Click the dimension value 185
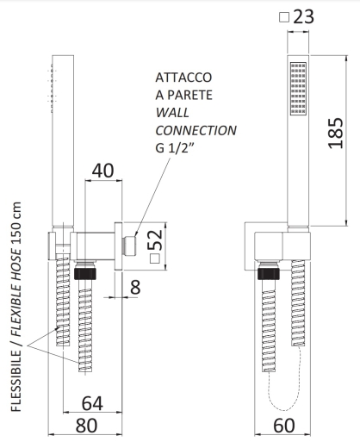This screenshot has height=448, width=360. (x=336, y=133)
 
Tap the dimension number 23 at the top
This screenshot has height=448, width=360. (x=304, y=16)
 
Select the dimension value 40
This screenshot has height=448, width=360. (x=102, y=171)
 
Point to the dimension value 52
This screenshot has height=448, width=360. (x=155, y=240)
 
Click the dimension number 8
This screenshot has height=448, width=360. (x=135, y=287)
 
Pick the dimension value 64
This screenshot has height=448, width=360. (x=92, y=403)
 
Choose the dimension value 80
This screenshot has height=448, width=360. (x=86, y=426)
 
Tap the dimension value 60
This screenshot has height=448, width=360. (x=284, y=426)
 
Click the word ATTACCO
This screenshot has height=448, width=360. (x=183, y=78)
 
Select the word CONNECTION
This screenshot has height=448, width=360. (x=196, y=131)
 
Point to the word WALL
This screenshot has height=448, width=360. (x=172, y=113)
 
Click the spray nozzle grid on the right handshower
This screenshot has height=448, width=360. (x=298, y=89)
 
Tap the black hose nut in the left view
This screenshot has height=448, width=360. (x=85, y=273)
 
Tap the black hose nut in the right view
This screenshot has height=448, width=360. (x=269, y=273)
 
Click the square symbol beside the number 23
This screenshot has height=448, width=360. (x=284, y=17)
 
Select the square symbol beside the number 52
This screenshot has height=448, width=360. (x=155, y=258)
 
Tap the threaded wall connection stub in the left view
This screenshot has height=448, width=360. (x=130, y=246)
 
